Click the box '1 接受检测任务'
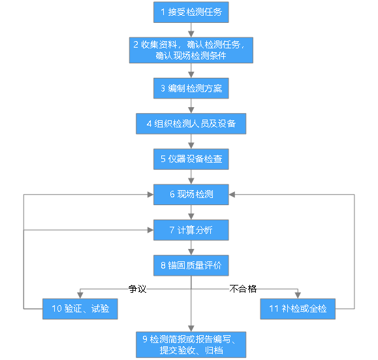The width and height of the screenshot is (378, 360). pyautogui.click(x=191, y=12)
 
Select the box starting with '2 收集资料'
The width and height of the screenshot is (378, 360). pyautogui.click(x=191, y=50)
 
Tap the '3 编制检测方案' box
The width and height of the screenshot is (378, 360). pyautogui.click(x=191, y=88)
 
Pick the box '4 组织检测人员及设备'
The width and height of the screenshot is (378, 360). pyautogui.click(x=191, y=123)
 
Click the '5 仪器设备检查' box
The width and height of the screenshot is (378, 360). pyautogui.click(x=191, y=159)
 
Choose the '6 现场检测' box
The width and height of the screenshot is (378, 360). pyautogui.click(x=191, y=195)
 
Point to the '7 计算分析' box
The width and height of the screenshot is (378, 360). pyautogui.click(x=191, y=230)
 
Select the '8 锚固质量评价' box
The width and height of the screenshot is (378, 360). pyautogui.click(x=191, y=265)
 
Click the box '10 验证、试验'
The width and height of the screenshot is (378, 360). pyautogui.click(x=80, y=309)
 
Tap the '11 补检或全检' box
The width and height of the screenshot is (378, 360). pyautogui.click(x=298, y=309)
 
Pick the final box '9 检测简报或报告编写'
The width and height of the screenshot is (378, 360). pyautogui.click(x=191, y=344)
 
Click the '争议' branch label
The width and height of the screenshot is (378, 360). pyautogui.click(x=137, y=289)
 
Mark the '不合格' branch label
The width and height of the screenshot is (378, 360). pyautogui.click(x=243, y=289)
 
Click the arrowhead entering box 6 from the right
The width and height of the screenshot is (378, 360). pyautogui.click(x=232, y=195)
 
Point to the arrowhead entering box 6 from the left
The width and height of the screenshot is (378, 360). pyautogui.click(x=150, y=195)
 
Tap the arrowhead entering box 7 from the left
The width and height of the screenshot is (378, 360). pyautogui.click(x=150, y=230)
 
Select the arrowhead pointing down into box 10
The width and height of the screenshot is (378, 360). pyautogui.click(x=80, y=295)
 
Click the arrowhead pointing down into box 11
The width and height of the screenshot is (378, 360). pyautogui.click(x=298, y=295)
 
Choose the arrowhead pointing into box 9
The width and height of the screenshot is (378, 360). pyautogui.click(x=191, y=329)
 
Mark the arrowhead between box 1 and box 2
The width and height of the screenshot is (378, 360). pyautogui.click(x=191, y=34)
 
